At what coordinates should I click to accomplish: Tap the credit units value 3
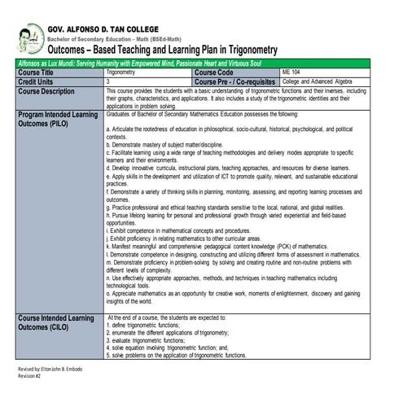tap(108, 81)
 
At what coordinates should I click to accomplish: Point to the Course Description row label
tap(51, 90)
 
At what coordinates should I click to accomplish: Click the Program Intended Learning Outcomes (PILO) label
tap(57, 120)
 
